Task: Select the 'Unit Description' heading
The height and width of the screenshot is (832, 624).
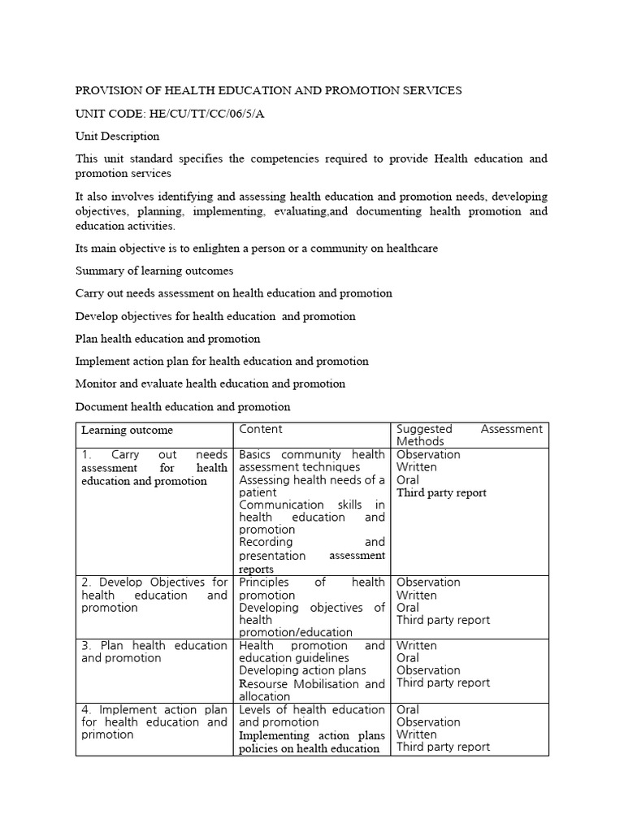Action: click(x=117, y=136)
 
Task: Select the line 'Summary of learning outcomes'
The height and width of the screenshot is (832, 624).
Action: click(x=154, y=271)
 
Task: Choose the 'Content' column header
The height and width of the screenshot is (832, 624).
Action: click(x=261, y=429)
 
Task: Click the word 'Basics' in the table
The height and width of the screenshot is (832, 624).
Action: click(x=258, y=455)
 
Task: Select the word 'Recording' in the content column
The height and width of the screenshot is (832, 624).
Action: click(x=266, y=542)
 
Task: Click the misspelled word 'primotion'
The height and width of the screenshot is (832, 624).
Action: click(x=107, y=734)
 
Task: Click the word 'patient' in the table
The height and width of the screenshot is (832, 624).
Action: click(x=259, y=492)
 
